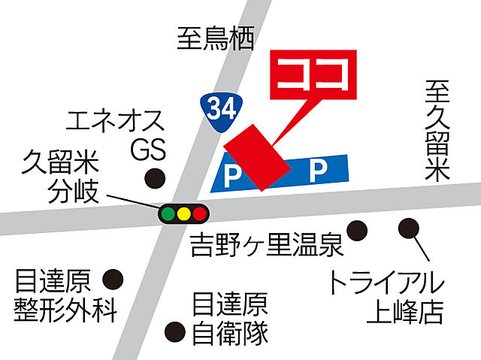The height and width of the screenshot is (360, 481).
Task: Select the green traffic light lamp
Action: tap(168, 213)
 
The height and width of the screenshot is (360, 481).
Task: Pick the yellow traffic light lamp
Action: tap(183, 213)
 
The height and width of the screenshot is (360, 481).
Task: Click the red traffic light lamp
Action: tap(199, 213)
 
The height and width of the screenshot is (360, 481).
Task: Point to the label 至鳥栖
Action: tap(216, 38)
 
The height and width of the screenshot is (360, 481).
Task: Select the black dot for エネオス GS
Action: tap(155, 179)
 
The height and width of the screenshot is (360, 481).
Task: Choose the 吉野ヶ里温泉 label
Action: tap(256, 246)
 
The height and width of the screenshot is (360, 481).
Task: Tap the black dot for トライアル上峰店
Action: tap(409, 225)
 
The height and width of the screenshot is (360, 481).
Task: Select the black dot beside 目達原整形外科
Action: tap(113, 279)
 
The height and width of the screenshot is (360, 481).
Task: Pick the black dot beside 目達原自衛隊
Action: tap(175, 329)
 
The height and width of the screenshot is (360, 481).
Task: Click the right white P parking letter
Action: tap(319, 172)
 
